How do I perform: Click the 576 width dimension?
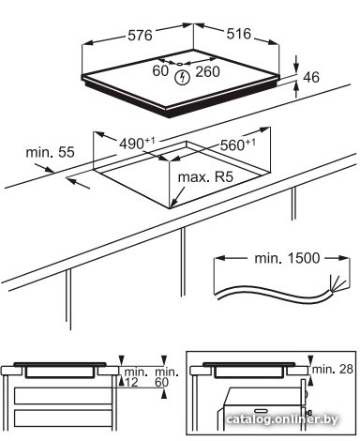pos(140,36)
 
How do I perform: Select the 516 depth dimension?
pos(239,34)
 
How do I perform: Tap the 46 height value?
pos(311,77)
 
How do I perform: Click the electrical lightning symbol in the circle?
pos(182,77)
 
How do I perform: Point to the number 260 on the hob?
pos(207,71)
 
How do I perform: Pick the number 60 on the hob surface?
pos(160,70)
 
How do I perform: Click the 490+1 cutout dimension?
pos(137,144)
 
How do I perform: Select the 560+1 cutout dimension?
pos(238,144)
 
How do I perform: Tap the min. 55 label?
pos(50,152)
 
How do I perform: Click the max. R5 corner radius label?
pos(205,177)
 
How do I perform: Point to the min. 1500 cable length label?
pos(288,258)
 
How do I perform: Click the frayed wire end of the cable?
pos(337,284)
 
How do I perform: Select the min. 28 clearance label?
pos(333,369)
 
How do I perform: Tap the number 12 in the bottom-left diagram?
pos(131,382)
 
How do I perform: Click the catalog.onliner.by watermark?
pos(282,419)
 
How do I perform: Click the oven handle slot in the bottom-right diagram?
pos(262,410)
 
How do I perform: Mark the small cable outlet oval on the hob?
pos(179,64)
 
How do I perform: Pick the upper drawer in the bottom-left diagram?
pos(63,396)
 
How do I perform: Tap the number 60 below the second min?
pos(162,382)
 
